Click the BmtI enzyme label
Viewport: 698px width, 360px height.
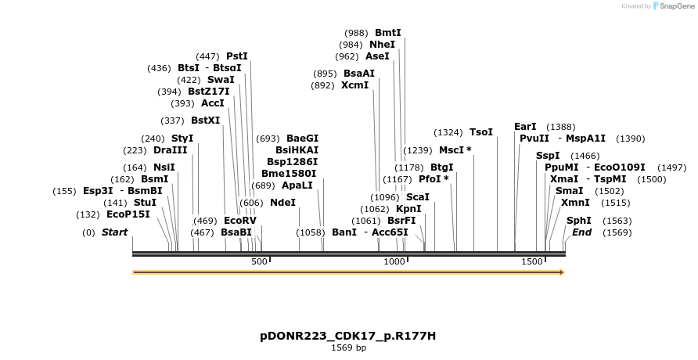tap(388, 33)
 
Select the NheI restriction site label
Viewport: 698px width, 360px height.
tap(383, 45)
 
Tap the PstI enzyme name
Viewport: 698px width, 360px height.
tap(237, 56)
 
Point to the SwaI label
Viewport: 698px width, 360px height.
tap(221, 80)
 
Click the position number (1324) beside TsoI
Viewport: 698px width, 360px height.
tap(448, 132)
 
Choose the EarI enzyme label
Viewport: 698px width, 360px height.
tap(525, 127)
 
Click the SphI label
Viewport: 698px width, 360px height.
tap(579, 221)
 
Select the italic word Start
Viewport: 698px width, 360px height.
tap(114, 232)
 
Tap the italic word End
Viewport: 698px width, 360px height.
tap(582, 232)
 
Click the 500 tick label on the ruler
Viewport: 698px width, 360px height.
tap(259, 262)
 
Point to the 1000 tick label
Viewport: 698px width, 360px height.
tap(394, 262)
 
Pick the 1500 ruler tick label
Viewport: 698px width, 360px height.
tap(533, 262)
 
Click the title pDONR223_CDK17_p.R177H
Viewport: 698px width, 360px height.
tap(348, 336)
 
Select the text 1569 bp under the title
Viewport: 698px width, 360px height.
tap(348, 347)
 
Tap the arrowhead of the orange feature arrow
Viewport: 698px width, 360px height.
tap(560, 272)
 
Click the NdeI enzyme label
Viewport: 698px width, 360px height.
tap(283, 203)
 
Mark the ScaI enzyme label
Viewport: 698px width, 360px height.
tap(418, 197)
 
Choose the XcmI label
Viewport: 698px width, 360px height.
tap(354, 85)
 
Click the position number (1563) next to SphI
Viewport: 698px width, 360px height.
tap(616, 221)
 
